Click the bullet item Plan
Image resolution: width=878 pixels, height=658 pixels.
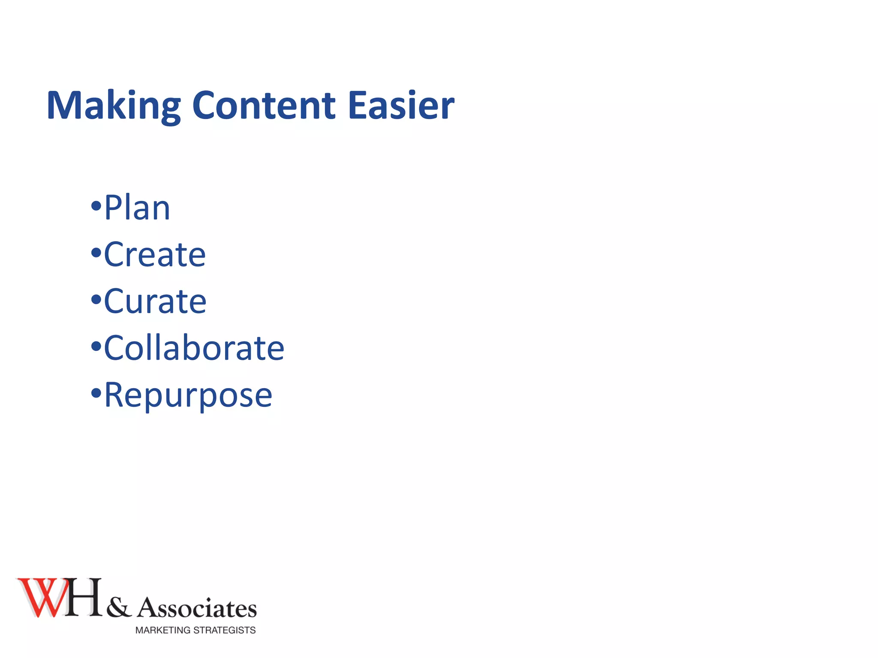137,208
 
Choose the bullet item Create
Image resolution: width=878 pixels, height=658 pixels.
155,254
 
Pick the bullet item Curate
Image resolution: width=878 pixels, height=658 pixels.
155,301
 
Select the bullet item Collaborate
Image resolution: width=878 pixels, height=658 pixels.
194,348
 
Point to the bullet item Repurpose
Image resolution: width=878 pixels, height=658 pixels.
188,395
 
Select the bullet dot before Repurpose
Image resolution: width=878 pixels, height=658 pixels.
96,393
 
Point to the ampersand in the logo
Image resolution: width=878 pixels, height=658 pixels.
119,607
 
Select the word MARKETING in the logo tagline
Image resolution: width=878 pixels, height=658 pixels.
163,630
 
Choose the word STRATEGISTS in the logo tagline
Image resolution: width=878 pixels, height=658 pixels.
225,630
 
